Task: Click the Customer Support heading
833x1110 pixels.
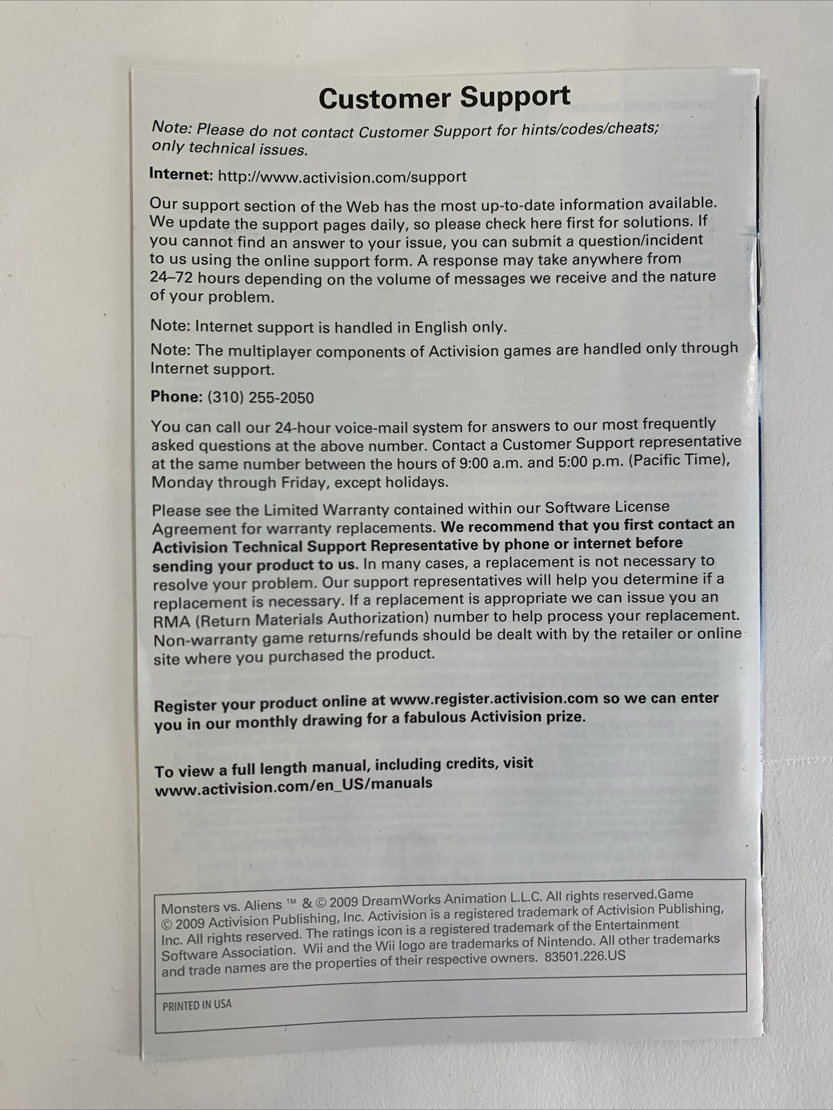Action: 444,98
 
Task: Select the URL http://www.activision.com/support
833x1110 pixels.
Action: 342,176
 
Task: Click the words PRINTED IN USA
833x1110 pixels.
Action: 197,1005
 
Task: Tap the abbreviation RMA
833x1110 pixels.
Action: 170,620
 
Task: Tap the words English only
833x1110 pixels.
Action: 461,326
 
